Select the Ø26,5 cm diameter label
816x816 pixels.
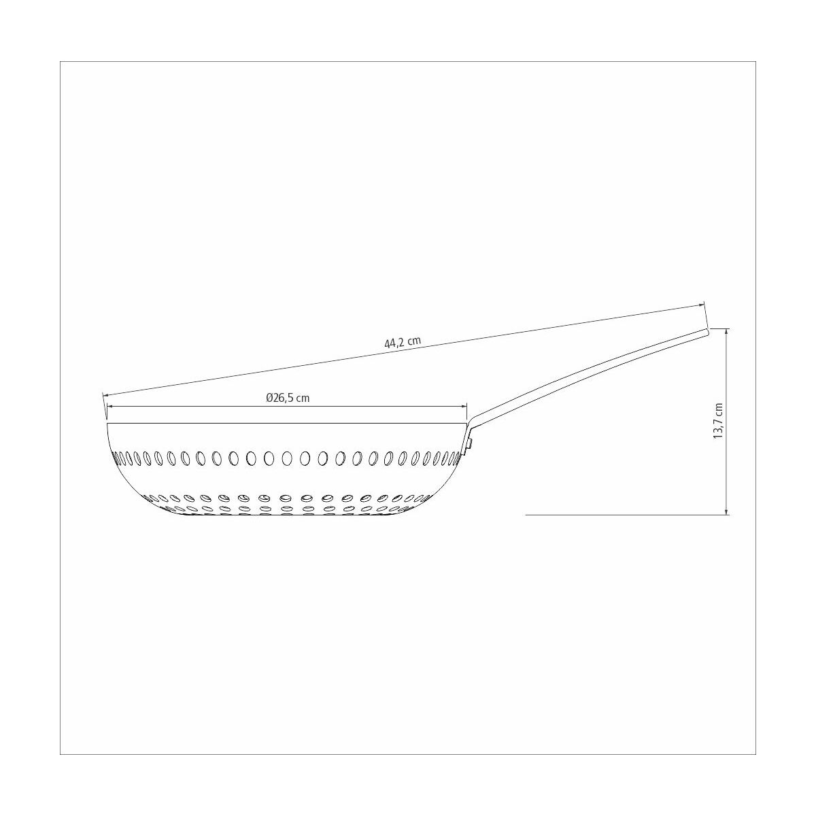288,398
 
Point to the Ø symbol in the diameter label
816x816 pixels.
269,398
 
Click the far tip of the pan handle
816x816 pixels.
707,331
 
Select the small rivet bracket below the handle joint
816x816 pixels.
470,443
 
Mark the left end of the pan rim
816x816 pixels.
108,424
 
